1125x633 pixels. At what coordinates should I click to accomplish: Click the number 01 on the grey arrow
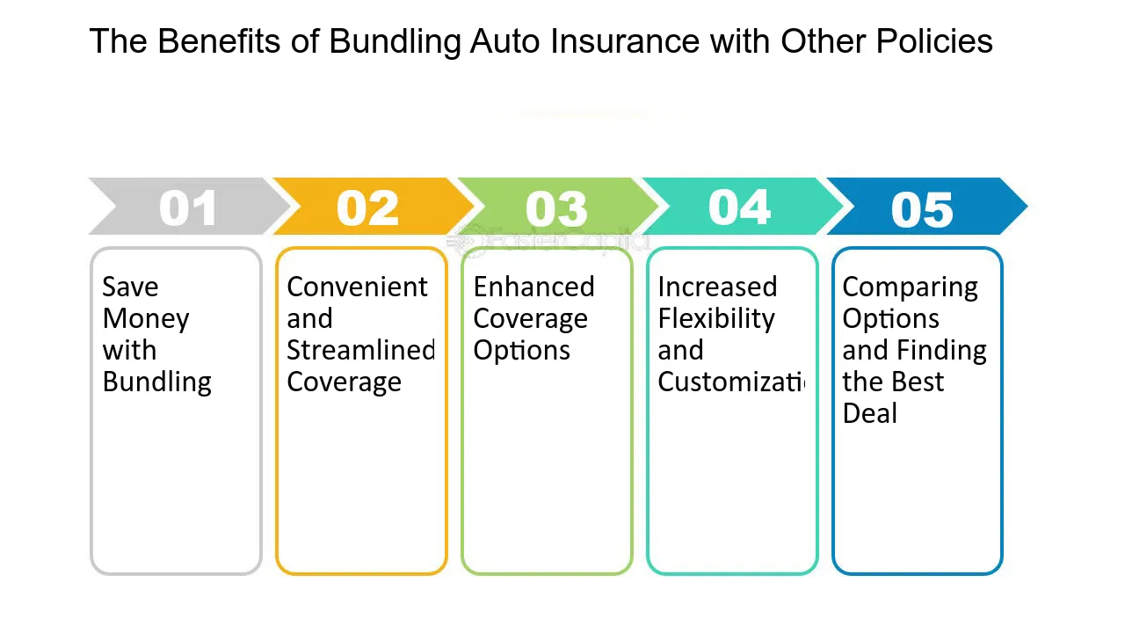188,209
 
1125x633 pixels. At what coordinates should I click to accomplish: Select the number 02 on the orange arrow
367,209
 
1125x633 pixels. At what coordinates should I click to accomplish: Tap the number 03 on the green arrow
556,209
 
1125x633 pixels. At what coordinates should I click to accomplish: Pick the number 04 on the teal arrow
740,207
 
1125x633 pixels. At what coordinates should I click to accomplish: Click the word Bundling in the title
396,41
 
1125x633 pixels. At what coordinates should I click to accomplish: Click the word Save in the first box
130,287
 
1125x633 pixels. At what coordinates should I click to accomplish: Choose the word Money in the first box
146,318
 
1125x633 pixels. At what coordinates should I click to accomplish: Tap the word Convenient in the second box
357,287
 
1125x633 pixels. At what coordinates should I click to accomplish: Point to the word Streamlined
360,350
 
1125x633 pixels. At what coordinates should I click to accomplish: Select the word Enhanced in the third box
533,287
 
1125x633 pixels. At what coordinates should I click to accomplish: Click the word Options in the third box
521,350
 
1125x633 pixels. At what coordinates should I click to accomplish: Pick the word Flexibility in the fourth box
716,318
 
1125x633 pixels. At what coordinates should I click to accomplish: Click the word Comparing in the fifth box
910,287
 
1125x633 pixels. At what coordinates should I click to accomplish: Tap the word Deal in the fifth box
869,413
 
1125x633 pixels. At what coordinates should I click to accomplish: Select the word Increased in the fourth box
717,287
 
